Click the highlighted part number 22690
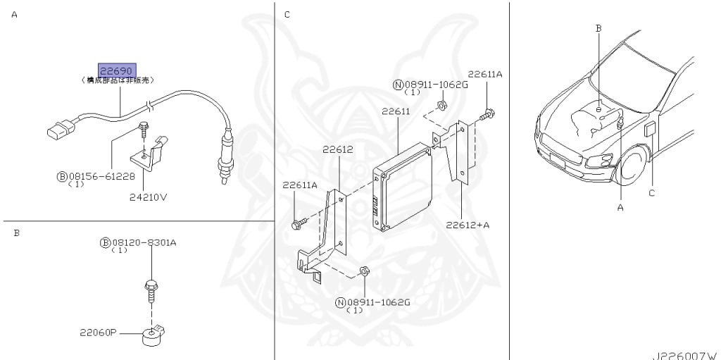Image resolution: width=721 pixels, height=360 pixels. point(115,71)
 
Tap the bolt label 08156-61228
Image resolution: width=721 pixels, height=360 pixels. point(100,176)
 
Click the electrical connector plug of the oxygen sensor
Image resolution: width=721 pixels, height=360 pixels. point(60,130)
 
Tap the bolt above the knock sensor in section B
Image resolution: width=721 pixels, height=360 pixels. point(151,286)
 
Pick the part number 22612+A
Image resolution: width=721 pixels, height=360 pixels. point(467,225)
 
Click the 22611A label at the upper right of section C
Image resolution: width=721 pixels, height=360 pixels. point(485,74)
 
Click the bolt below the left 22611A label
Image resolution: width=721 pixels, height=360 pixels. point(296,224)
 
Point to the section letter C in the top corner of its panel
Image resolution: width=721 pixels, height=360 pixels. point(287,14)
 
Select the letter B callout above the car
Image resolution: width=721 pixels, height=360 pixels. point(598,28)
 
